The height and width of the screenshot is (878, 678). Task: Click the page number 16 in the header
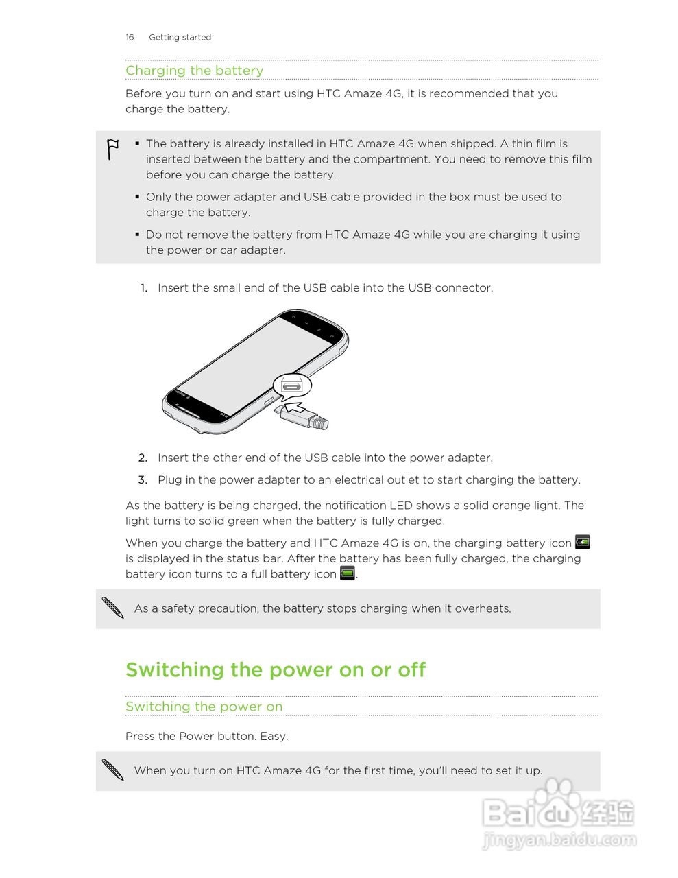tap(130, 37)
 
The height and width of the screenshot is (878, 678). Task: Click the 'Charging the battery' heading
tap(194, 71)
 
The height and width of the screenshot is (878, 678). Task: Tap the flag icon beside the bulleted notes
tap(112, 149)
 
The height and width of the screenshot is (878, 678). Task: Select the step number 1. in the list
tap(144, 288)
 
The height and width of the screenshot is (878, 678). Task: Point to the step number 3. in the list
tap(143, 480)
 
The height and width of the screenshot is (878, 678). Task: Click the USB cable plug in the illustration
tap(312, 418)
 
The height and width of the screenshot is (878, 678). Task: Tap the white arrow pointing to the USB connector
tap(294, 407)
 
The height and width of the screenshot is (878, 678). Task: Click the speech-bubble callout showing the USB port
tap(292, 385)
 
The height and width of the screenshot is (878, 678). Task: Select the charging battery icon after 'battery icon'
tap(582, 542)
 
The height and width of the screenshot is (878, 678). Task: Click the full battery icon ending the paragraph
tap(348, 573)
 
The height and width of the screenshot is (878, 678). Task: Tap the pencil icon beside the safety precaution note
tap(112, 608)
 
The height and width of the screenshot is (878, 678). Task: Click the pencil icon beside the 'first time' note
tap(112, 770)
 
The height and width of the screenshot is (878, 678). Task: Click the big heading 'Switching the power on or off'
tap(276, 669)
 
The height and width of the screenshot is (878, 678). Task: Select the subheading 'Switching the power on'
tap(204, 707)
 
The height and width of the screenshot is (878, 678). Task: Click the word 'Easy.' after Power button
tap(274, 736)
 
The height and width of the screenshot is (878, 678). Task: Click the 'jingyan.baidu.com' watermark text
tap(559, 840)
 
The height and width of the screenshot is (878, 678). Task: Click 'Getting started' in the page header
tap(180, 37)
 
